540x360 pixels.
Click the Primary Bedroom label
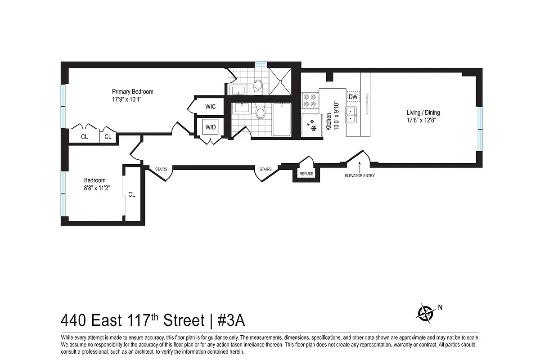pos(133,92)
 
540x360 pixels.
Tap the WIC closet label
pos(210,107)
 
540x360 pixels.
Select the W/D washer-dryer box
pos(210,127)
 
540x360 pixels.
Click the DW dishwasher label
pos(353,97)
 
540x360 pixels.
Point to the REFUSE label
pos(306,174)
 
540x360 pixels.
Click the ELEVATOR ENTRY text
pos(360,176)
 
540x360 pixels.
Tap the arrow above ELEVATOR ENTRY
pos(360,168)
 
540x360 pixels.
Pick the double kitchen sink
pos(351,115)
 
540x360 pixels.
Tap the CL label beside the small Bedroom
pos(132,195)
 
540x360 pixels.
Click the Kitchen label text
pos(328,121)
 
